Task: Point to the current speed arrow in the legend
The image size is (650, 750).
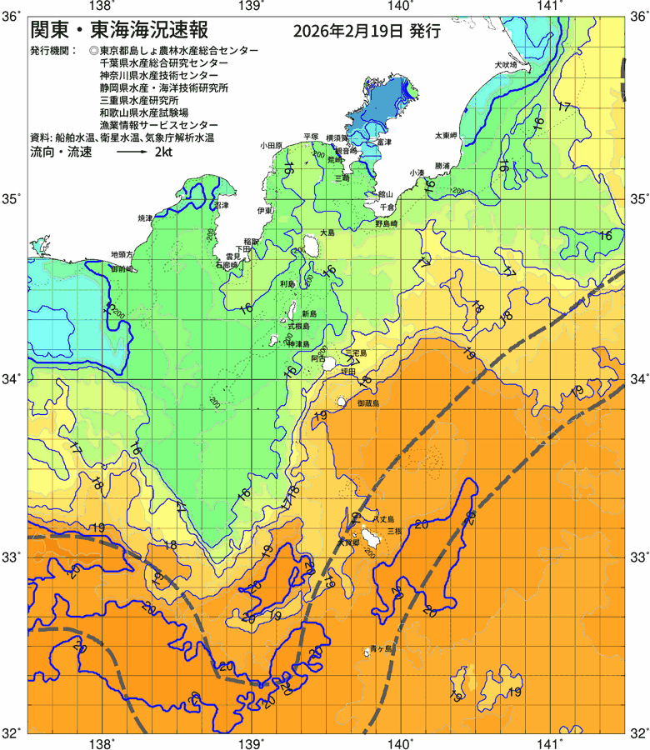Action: click(x=131, y=153)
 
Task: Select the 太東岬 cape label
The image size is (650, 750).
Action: click(x=446, y=135)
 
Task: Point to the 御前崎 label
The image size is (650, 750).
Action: click(x=122, y=270)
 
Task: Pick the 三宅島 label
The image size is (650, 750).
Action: click(x=356, y=354)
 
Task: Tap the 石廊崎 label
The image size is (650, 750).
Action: click(x=227, y=264)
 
